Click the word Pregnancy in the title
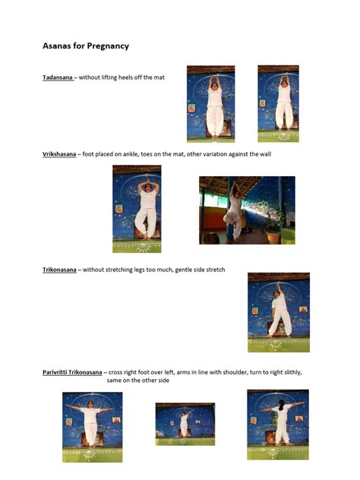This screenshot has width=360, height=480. coord(109,46)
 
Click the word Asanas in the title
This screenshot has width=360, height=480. coord(56,46)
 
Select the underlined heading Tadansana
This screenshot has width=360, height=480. coord(58,77)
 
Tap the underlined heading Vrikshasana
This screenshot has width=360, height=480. coord(59,154)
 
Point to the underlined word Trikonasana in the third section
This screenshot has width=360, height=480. coord(59,270)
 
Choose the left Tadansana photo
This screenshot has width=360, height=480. coord(210,103)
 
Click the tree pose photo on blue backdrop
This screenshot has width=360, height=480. coord(137,209)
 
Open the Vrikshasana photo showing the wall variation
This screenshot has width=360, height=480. coord(247,210)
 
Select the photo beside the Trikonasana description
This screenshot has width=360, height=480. coord(278,312)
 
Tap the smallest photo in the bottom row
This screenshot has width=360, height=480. coord(185,424)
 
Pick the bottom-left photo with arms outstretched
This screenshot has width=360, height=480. coord(92,427)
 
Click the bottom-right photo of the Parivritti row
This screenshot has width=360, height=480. coord(277,424)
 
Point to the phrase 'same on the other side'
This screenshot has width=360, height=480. coord(137,381)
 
